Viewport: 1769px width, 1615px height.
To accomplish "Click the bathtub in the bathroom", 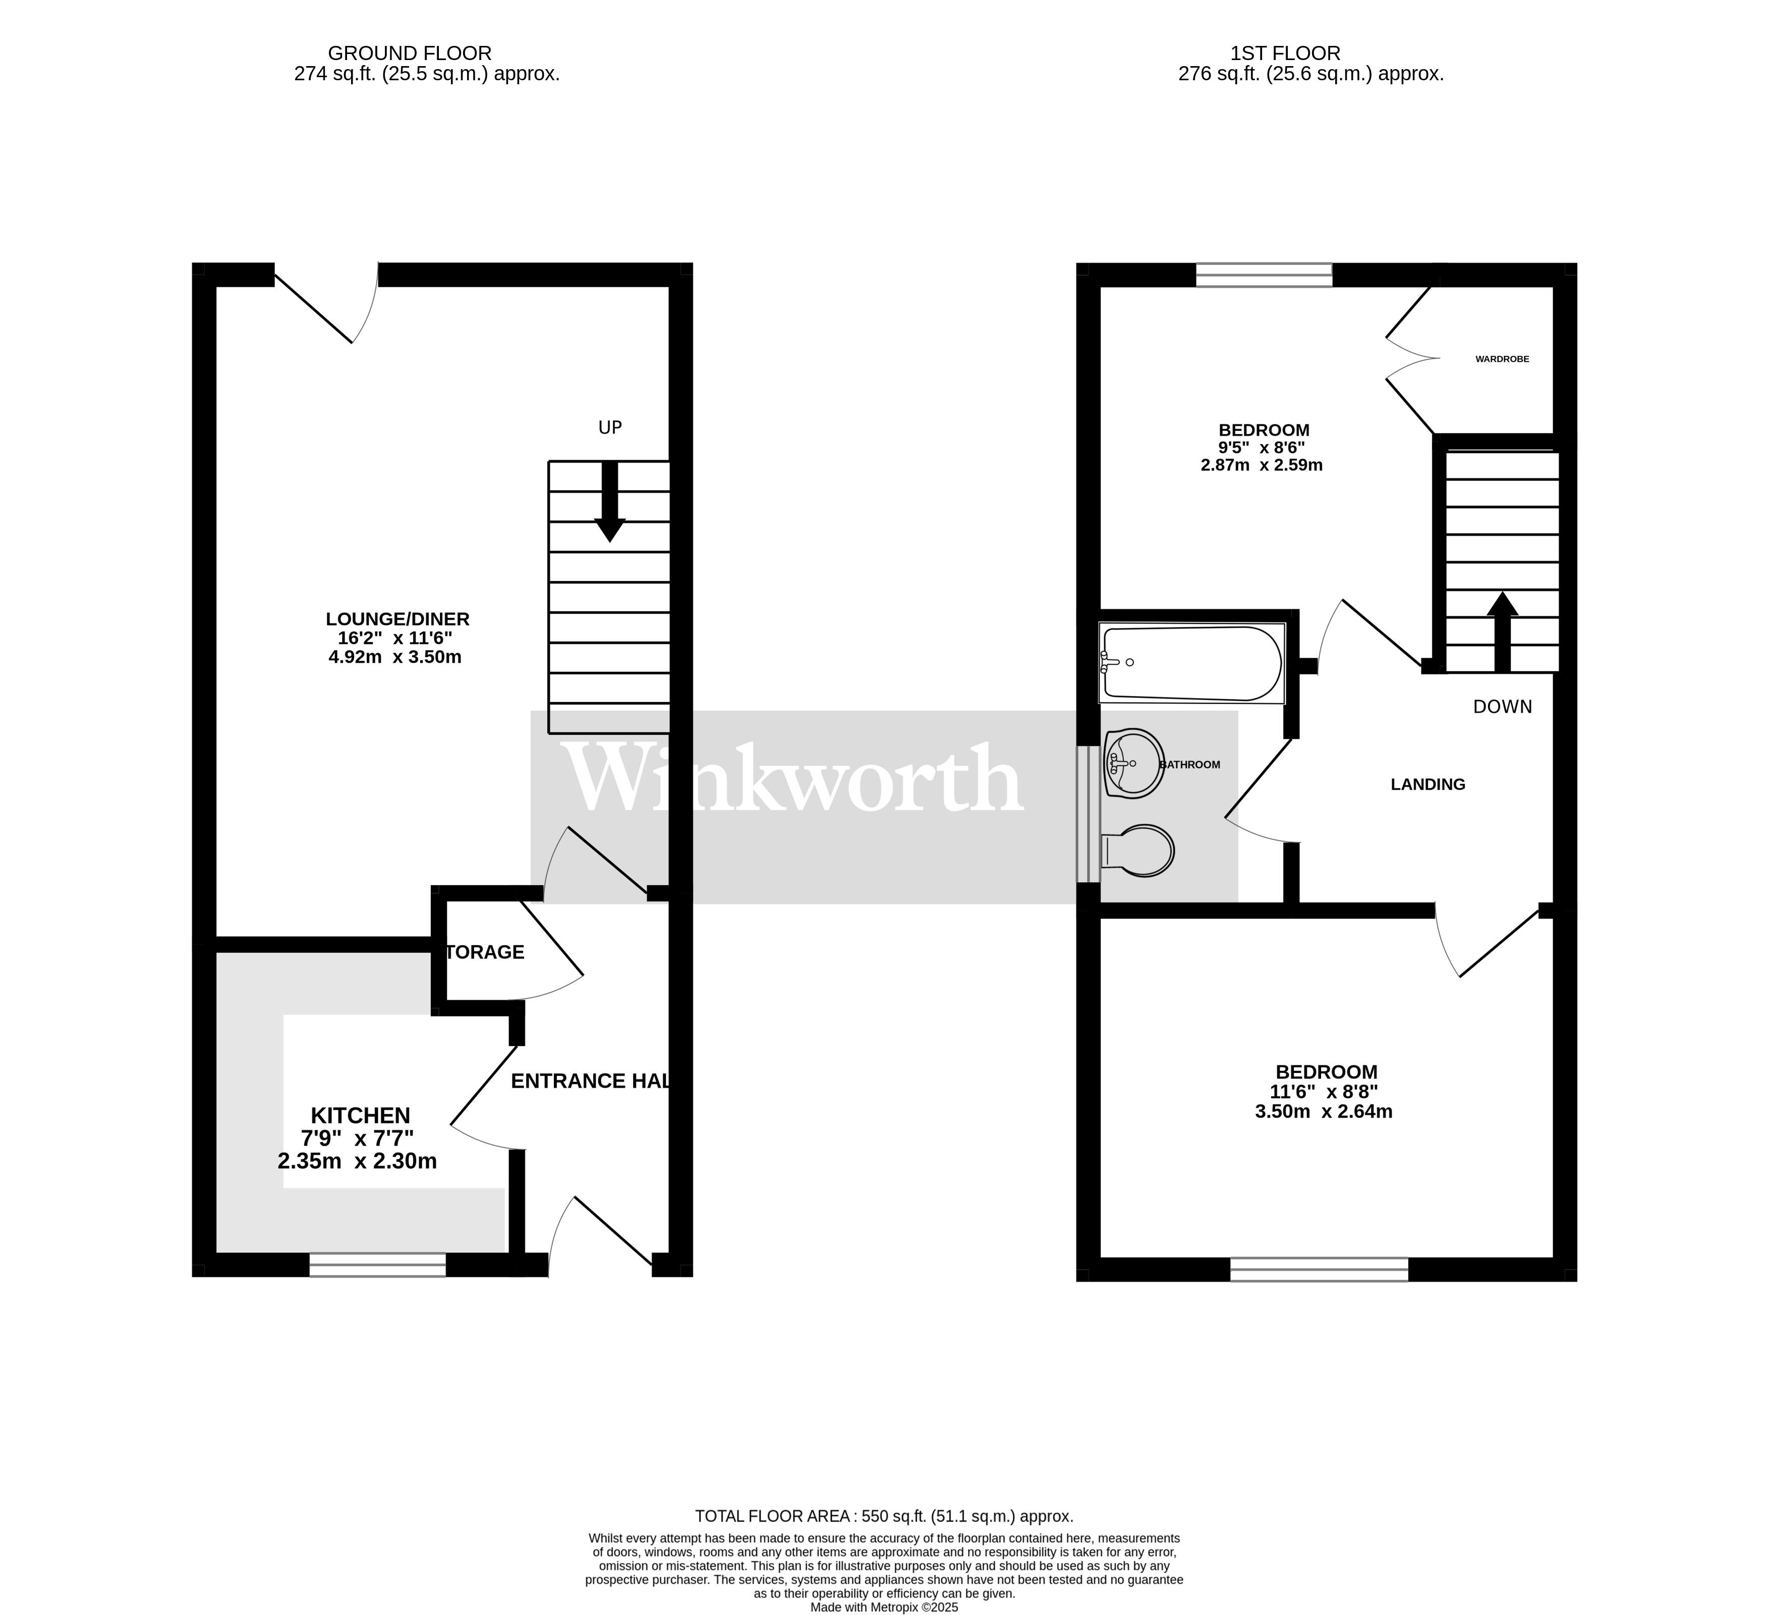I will click(x=1191, y=664).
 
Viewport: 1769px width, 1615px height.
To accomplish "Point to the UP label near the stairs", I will click(x=610, y=427).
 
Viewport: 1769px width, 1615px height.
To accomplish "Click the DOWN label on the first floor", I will click(x=1502, y=707).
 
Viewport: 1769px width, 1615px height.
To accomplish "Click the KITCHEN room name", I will click(x=361, y=1115).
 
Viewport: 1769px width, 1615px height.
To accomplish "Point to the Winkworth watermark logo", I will click(x=794, y=779).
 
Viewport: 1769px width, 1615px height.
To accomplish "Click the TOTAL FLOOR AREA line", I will click(x=884, y=1516).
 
